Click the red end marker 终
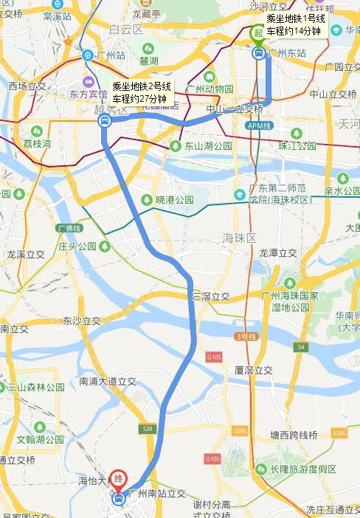coord(119,479)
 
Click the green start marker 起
coord(258,32)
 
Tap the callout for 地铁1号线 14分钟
coord(294,25)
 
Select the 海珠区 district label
coord(238,238)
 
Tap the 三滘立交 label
coord(211,297)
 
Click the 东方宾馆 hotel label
coord(89,94)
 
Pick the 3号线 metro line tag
coord(245,336)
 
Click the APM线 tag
coord(255,126)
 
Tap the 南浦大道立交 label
coord(108,381)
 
